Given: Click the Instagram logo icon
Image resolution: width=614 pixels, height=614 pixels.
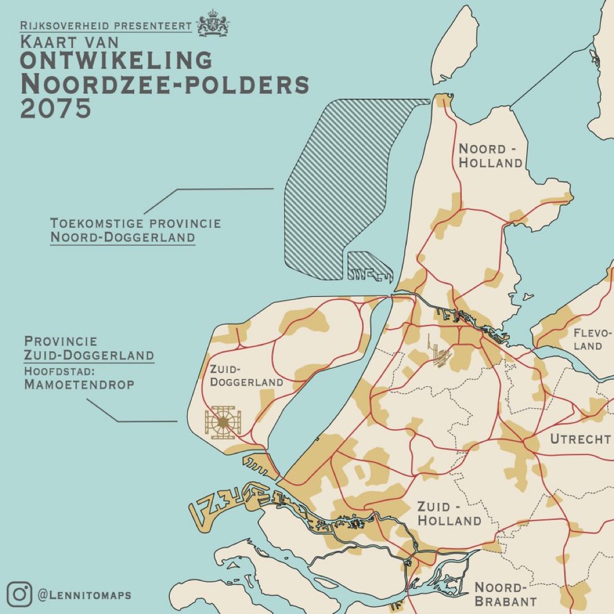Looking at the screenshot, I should pos(20,594).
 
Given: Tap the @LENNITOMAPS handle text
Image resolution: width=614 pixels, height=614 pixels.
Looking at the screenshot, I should pos(84,595).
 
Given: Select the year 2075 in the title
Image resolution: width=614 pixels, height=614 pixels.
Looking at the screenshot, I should pos(55,108).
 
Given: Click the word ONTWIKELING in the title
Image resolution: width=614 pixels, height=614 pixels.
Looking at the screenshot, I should pos(116,60).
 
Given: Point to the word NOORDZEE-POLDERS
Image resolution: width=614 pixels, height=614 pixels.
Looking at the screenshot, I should pos(165,84).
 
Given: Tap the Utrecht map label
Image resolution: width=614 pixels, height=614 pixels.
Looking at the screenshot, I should pos(580,440).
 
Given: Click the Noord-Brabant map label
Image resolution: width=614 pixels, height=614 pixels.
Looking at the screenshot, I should pos(505,594).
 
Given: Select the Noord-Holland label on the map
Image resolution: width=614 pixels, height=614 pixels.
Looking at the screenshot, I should pos(490,156).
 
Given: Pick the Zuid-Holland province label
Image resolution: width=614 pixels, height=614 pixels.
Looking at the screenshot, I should pos(449,514).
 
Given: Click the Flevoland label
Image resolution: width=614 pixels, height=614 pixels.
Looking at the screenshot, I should pos(588,339).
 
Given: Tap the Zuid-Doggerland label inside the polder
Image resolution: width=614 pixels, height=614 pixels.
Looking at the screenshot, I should pos(246,375).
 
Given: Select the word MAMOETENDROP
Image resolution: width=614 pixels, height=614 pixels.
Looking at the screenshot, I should pos(79,385).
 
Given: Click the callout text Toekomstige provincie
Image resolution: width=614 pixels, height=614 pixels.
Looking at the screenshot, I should pos(135,223).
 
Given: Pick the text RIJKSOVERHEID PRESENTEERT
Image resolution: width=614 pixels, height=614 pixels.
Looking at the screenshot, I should pos(106,26).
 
